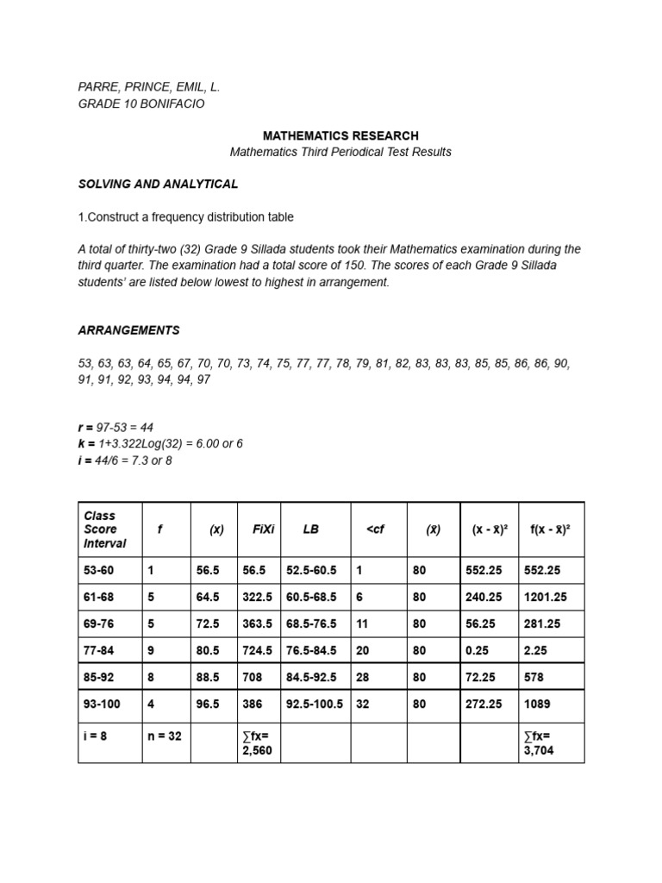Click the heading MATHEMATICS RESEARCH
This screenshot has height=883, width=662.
click(x=340, y=135)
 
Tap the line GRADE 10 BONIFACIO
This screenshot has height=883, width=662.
click(x=141, y=103)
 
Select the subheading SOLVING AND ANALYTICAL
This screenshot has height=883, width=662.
click(x=159, y=184)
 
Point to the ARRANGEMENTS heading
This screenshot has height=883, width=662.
click(x=129, y=330)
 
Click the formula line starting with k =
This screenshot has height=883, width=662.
click(x=160, y=443)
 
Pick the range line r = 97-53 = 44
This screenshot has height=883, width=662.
click(x=128, y=427)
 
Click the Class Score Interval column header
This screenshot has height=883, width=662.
click(x=104, y=529)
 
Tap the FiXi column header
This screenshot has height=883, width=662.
click(x=264, y=529)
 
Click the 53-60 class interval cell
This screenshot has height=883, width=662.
click(x=98, y=570)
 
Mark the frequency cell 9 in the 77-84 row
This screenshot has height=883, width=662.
click(x=152, y=650)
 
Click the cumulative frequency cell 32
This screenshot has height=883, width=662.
click(x=363, y=704)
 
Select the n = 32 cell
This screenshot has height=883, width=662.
click(x=164, y=736)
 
